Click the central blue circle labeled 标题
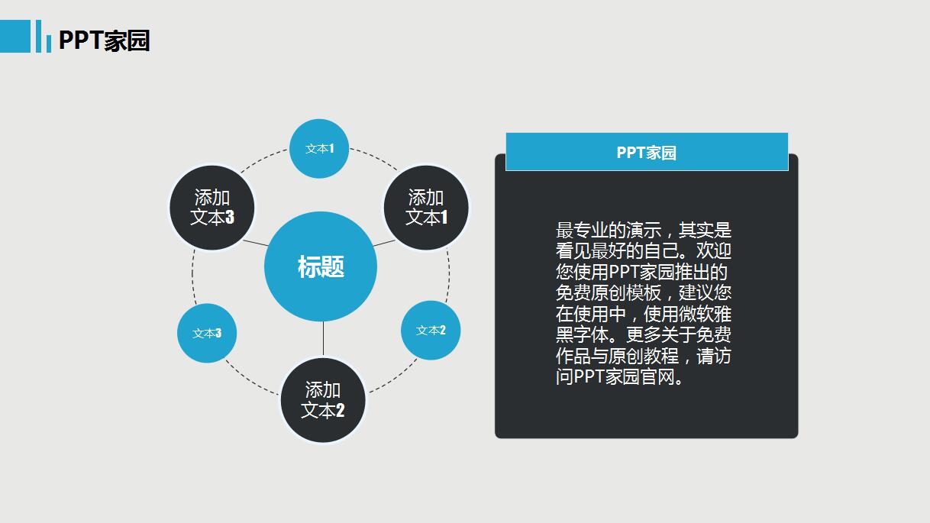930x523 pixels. coord(321,267)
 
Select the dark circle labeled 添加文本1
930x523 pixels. coord(425,208)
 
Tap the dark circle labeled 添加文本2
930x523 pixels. coord(323,400)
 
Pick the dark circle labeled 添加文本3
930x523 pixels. coord(212,208)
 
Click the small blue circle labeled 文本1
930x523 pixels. coord(319,149)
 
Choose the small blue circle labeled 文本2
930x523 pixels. coord(431,330)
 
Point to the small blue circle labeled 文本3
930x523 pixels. coord(207,333)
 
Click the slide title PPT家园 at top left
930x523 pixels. coord(104,40)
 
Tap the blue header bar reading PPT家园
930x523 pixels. coord(646,152)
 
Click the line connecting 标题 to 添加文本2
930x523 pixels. coord(323,339)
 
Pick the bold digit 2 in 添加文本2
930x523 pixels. coord(340,411)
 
